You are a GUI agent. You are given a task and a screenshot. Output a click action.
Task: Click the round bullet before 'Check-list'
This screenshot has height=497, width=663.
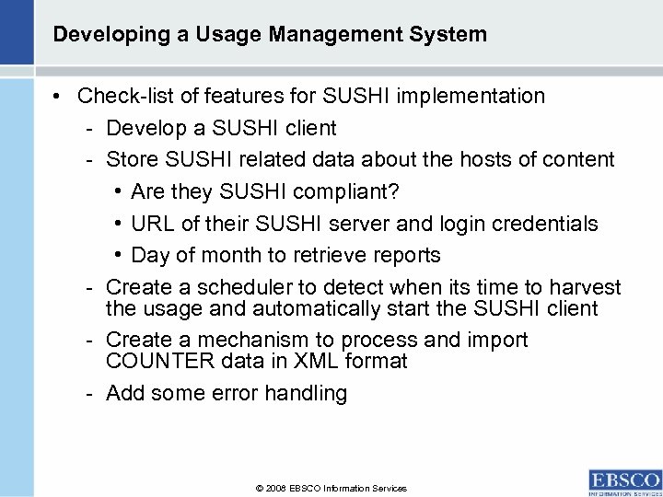point(58,96)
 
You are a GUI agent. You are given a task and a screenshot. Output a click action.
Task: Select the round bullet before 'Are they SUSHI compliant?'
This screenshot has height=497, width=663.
point(121,191)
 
